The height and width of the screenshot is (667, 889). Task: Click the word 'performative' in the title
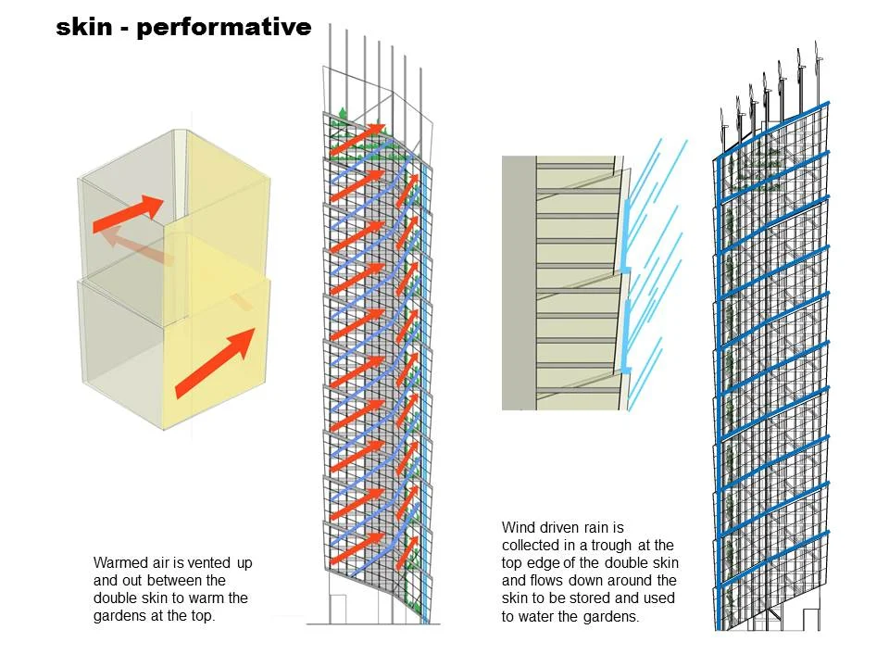coord(222,29)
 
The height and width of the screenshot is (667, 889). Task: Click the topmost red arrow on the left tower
coord(359,135)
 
